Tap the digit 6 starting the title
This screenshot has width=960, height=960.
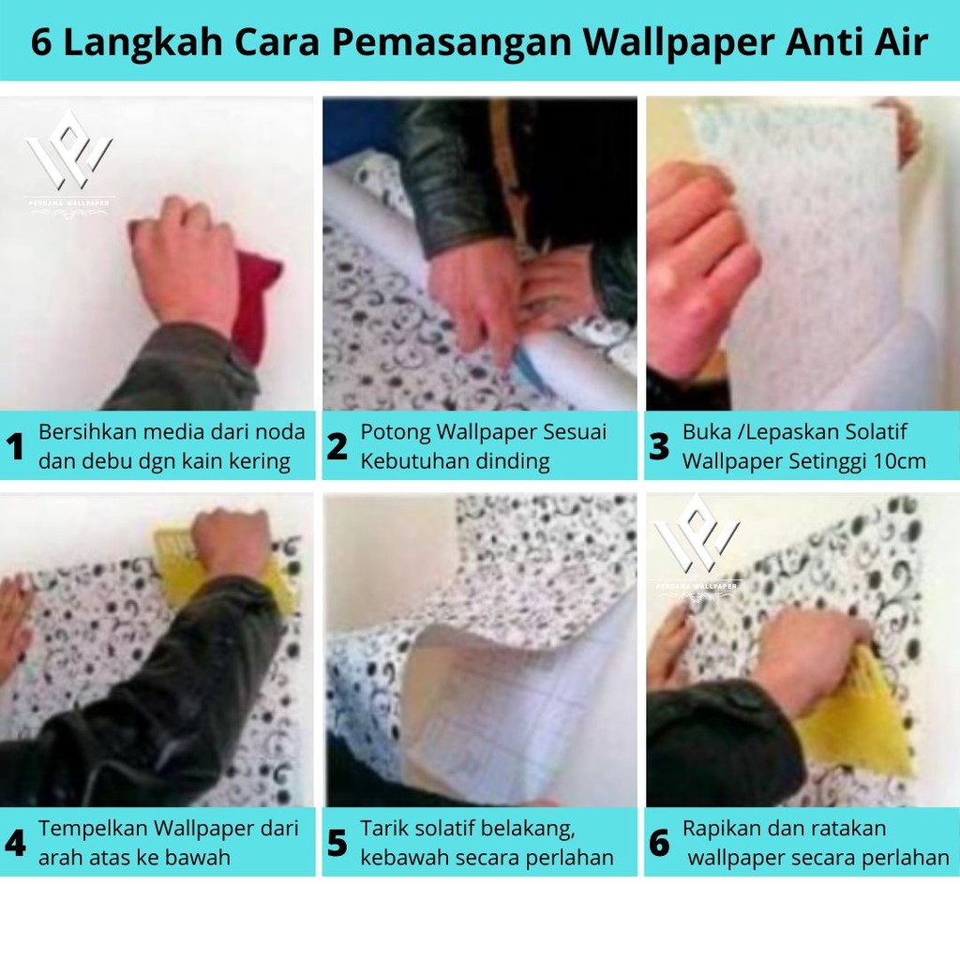point(41,42)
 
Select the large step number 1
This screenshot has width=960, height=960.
point(15,446)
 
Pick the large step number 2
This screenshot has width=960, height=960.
point(337,446)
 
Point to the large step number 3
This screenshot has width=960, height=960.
point(659,446)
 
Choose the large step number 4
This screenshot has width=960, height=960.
point(15,843)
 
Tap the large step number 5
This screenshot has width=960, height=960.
point(337,843)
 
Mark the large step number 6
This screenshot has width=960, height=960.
point(659,843)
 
